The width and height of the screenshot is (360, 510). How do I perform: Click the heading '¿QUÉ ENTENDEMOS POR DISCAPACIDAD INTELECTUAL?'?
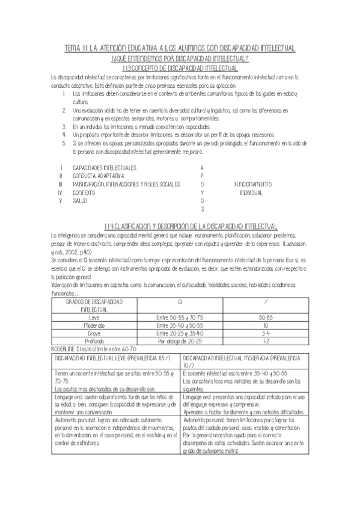point(180,58)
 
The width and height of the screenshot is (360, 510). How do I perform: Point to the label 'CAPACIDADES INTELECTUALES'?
point(103,167)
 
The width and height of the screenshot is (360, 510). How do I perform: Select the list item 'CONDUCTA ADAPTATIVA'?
point(97,175)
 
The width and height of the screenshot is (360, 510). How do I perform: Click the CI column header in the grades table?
point(180,300)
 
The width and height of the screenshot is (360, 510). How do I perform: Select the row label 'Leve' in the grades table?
point(94,316)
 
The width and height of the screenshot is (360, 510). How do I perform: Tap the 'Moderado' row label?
point(94,324)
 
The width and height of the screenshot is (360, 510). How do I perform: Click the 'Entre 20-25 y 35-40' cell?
point(180,332)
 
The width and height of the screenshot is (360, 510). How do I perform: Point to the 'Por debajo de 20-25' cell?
point(180,340)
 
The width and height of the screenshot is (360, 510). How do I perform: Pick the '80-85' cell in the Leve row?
point(265,316)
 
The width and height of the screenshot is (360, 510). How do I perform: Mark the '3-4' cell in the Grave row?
point(265,332)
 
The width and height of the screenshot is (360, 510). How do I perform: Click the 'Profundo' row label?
point(94,340)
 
